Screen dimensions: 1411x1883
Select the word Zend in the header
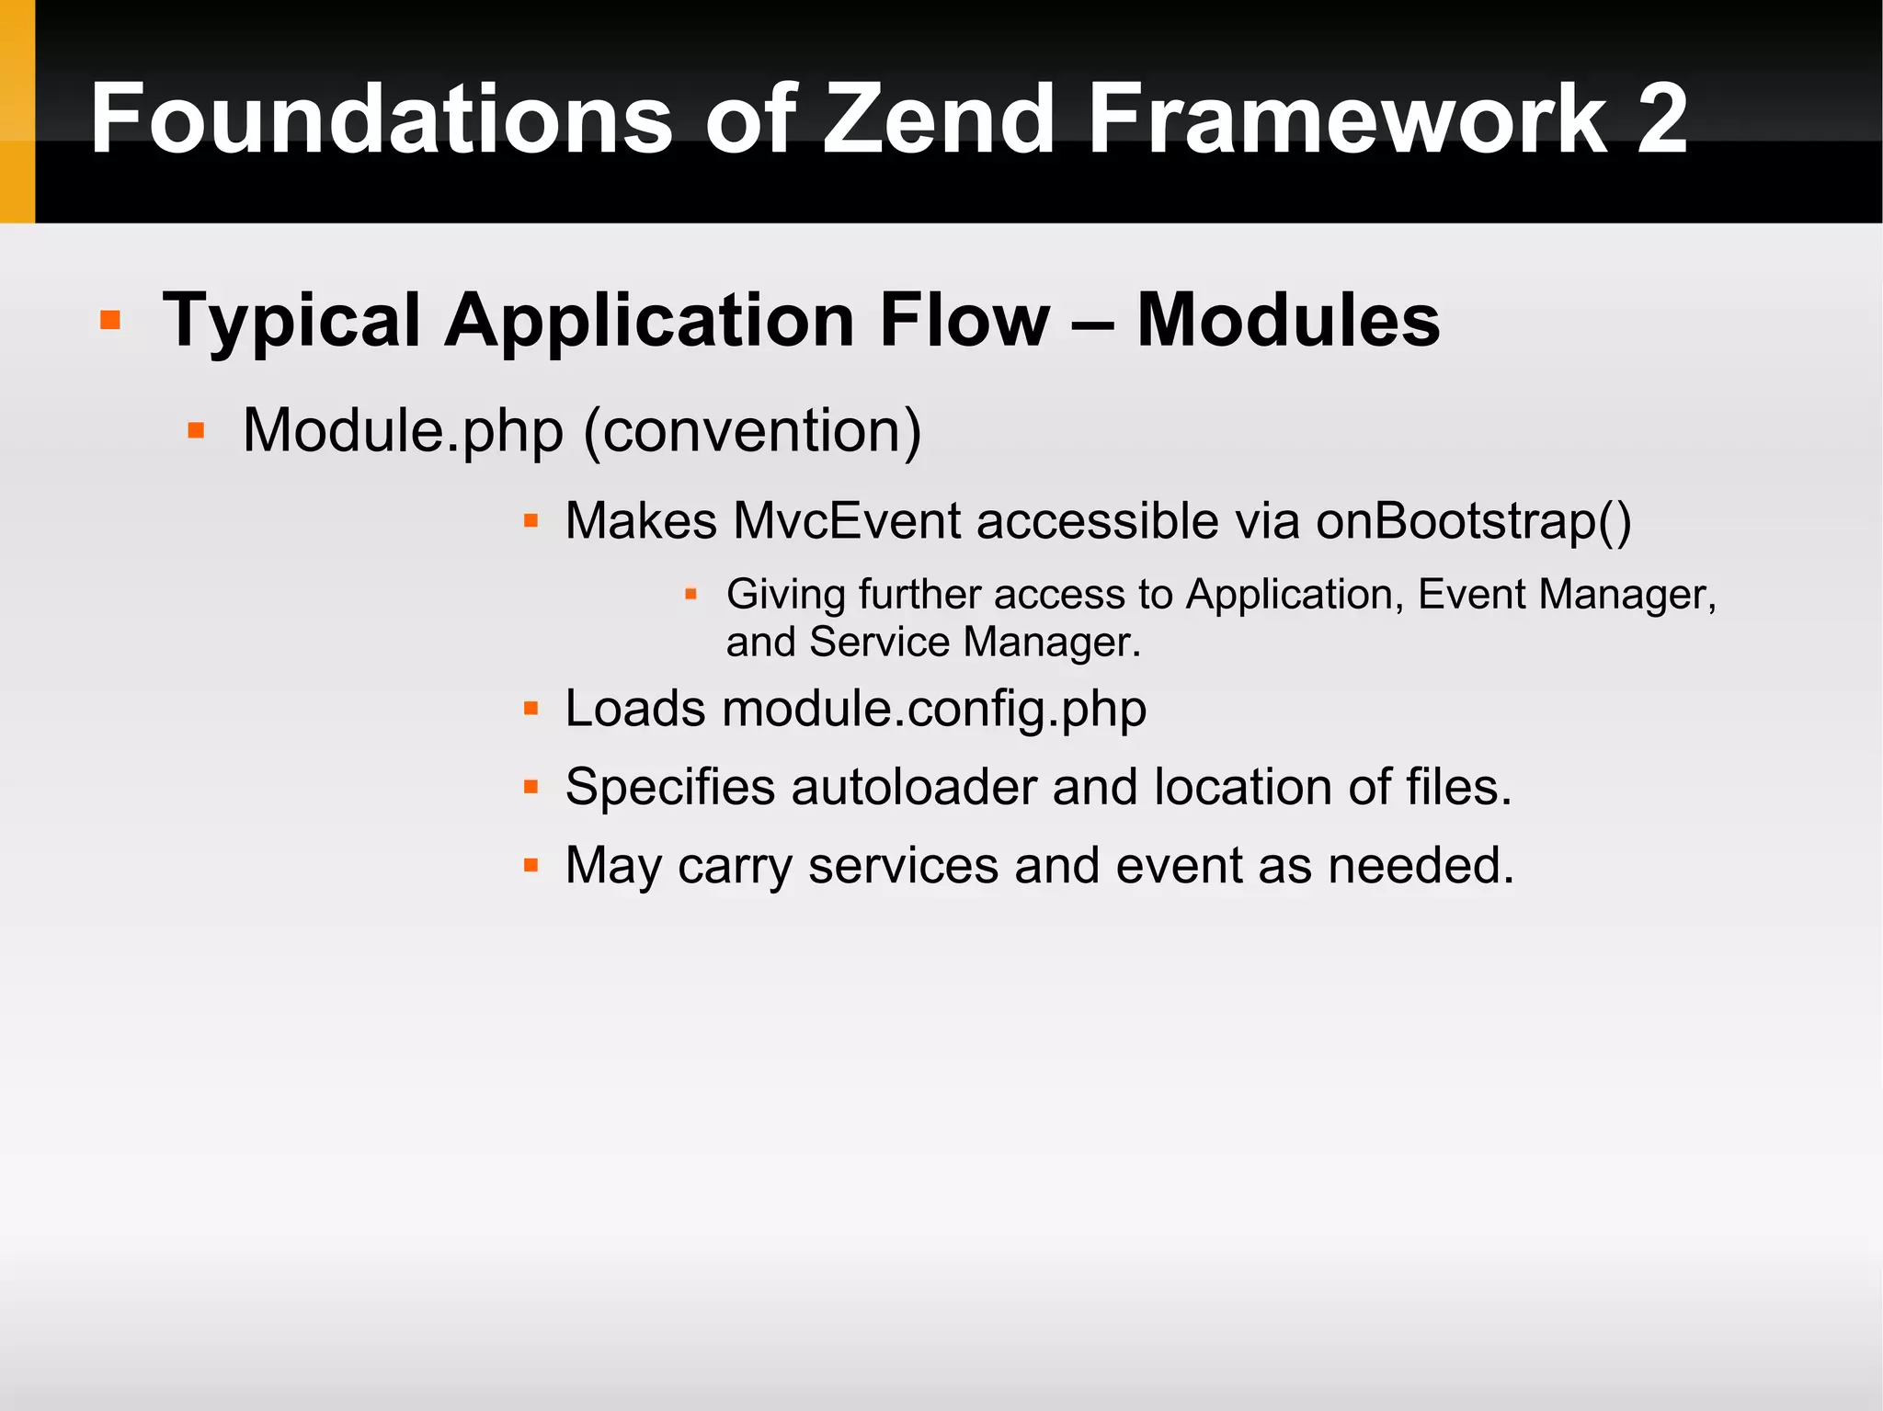point(938,119)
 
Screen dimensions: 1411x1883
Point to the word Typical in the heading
point(291,322)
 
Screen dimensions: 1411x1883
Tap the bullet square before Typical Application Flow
point(110,320)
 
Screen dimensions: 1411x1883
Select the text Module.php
point(403,431)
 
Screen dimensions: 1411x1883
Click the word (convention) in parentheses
point(752,431)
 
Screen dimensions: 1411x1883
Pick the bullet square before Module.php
point(196,430)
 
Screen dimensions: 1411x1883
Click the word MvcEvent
point(847,521)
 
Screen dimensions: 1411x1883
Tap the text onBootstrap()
point(1474,521)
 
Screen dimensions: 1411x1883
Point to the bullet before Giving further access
point(691,594)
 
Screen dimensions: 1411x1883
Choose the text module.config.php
point(934,710)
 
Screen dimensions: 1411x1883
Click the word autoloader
point(913,788)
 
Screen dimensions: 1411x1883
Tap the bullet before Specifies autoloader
point(531,787)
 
